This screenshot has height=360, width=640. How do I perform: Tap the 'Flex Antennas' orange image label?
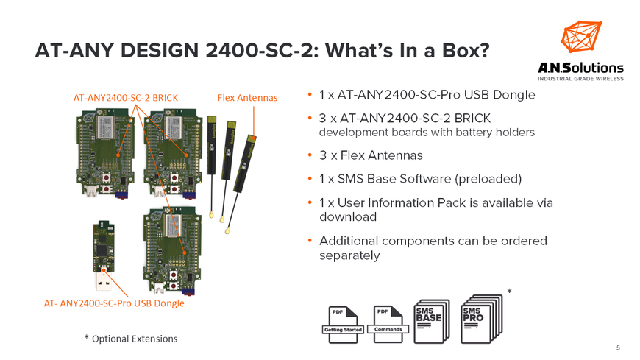247,97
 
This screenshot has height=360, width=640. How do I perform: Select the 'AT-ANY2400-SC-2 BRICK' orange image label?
126,97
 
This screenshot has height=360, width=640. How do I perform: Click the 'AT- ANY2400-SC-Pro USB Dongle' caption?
114,303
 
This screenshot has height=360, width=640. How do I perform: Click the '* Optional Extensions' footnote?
131,339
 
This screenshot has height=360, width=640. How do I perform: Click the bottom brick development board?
171,247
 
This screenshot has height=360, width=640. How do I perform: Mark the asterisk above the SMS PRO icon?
510,293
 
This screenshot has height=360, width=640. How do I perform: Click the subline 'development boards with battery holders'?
427,133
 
